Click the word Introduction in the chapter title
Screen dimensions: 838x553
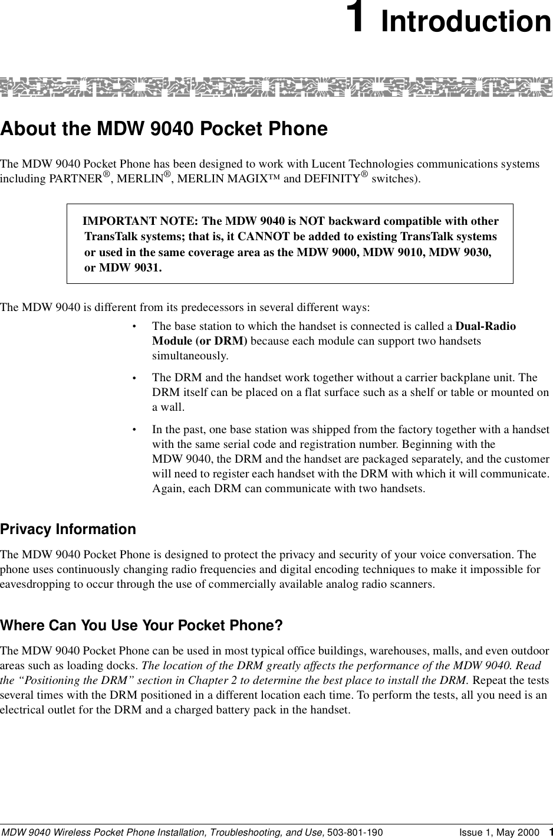(x=466, y=21)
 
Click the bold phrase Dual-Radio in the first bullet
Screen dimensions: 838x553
(x=486, y=326)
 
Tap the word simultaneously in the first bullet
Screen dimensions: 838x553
(x=190, y=356)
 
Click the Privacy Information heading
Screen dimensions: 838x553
(x=68, y=529)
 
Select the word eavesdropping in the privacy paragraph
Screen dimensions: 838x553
(x=35, y=585)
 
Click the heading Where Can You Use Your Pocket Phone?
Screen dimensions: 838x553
(x=141, y=625)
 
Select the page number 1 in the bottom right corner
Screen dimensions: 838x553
(x=549, y=832)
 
